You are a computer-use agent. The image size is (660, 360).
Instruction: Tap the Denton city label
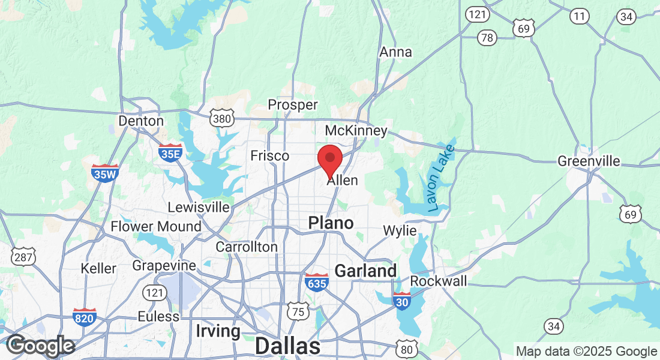click(x=141, y=121)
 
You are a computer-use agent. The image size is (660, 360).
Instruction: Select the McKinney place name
click(x=356, y=131)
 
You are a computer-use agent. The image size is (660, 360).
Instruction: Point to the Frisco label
click(x=269, y=156)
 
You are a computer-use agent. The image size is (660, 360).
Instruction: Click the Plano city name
click(x=331, y=223)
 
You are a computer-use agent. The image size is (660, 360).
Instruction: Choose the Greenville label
click(x=589, y=161)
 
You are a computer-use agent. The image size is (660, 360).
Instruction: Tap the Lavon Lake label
click(x=442, y=178)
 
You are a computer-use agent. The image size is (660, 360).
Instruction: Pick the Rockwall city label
click(x=438, y=281)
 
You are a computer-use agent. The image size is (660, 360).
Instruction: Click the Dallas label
click(x=287, y=346)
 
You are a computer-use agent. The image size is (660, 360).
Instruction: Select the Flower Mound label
click(x=156, y=227)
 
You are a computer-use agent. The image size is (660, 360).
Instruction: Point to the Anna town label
click(x=396, y=52)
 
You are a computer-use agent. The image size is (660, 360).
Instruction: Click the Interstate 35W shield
click(x=105, y=173)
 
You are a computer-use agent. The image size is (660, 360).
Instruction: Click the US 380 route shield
click(x=221, y=119)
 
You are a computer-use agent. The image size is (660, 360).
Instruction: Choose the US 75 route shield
click(x=298, y=311)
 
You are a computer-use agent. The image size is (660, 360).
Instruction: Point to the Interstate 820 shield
click(x=84, y=317)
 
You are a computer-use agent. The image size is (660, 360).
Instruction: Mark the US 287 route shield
click(x=25, y=257)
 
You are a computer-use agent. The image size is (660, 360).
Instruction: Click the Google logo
click(x=40, y=346)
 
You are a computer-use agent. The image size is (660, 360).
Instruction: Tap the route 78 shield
click(x=487, y=38)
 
